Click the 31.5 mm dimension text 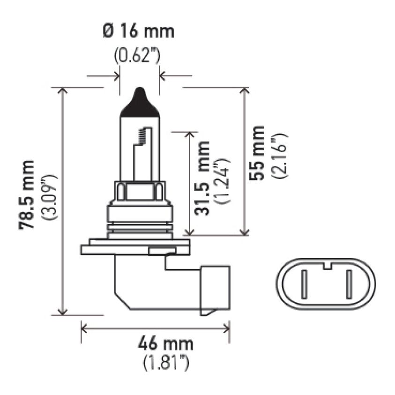pyautogui.click(x=202, y=185)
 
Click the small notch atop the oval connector pyautogui.click(x=327, y=268)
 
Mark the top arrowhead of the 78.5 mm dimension pyautogui.click(x=62, y=91)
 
